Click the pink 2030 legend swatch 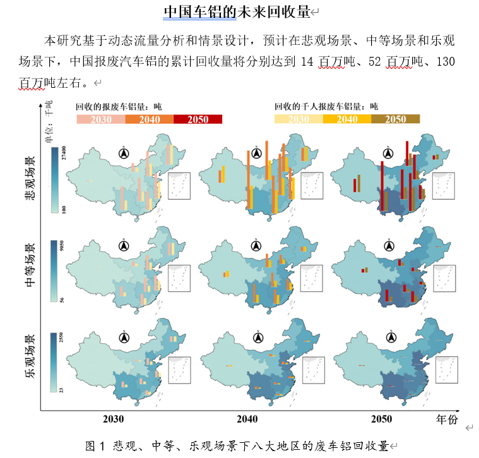click(100, 119)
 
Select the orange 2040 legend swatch click(150, 119)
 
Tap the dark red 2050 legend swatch click(198, 119)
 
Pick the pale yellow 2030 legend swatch click(298, 119)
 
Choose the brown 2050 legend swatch click(396, 119)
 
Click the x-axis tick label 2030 click(114, 419)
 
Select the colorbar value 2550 click(61, 339)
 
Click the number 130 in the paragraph click(445, 61)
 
